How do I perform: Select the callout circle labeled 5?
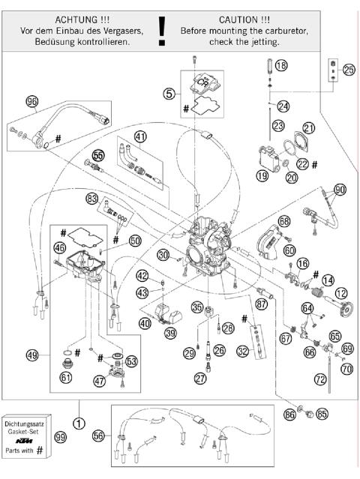point(170,95)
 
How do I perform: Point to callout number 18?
point(280,67)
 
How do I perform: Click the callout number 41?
point(141,136)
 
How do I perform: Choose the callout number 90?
point(340,190)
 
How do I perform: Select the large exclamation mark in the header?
point(161,29)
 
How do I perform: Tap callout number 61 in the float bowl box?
point(66,377)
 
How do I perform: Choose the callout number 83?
point(92,199)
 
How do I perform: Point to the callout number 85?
point(322,412)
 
